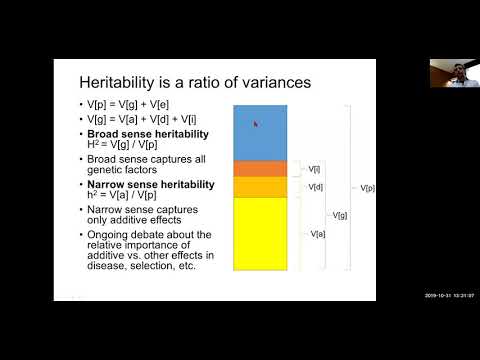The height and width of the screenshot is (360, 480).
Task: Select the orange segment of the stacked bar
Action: pos(260,168)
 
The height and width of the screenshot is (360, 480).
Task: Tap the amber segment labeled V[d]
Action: pos(260,187)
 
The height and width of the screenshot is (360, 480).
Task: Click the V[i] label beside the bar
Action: pos(315,169)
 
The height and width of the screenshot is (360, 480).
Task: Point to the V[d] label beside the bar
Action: pos(316,187)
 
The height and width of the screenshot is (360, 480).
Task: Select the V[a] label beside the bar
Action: pos(317,233)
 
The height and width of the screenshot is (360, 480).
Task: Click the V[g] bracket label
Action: pos(340,215)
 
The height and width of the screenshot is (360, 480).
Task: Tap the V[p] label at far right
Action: pos(368,187)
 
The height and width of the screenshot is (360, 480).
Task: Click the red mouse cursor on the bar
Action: pos(255,124)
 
